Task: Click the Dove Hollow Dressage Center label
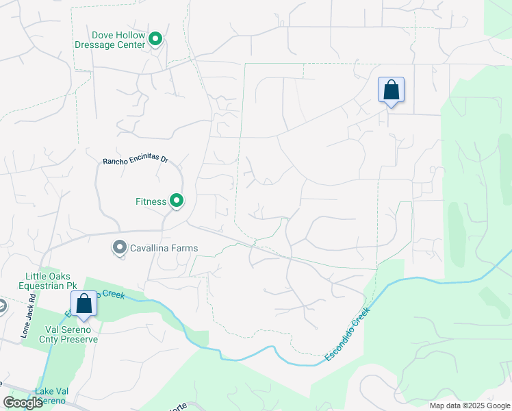click(120, 40)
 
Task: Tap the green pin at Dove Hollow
click(155, 40)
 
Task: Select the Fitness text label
click(151, 201)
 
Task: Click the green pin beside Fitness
click(177, 201)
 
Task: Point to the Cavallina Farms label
click(165, 248)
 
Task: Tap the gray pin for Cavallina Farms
click(120, 247)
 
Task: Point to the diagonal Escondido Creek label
click(347, 335)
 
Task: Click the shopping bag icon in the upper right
click(391, 90)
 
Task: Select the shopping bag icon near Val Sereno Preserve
click(84, 303)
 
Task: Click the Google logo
click(23, 403)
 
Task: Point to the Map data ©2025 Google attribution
click(470, 406)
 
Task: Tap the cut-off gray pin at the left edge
click(2, 305)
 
